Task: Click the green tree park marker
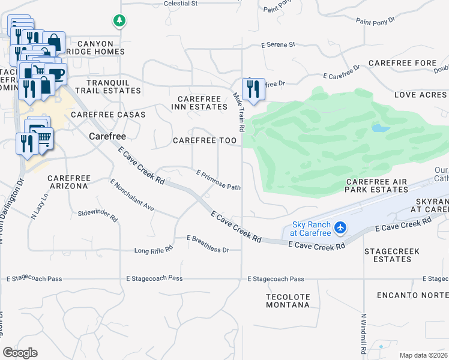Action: [119, 22]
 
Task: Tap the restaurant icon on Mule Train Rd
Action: [253, 89]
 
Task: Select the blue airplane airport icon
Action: [341, 227]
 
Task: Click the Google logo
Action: [20, 352]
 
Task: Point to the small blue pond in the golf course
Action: [379, 128]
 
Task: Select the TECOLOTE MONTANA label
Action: [288, 301]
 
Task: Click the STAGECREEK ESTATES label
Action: [388, 255]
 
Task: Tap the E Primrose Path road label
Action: [219, 180]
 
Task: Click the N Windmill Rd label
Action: [364, 333]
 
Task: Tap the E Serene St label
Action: [278, 44]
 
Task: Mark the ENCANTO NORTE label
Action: [412, 295]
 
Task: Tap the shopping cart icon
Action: [44, 138]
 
